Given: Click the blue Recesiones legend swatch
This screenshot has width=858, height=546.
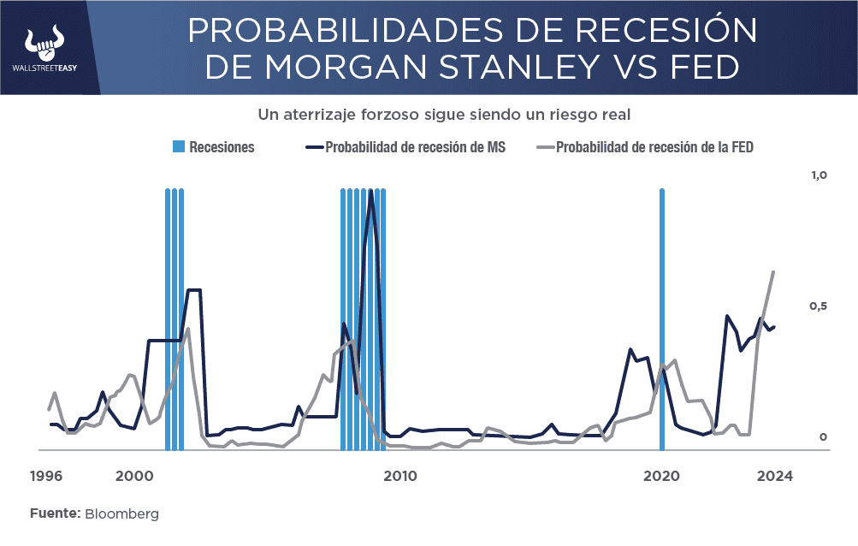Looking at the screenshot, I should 178,147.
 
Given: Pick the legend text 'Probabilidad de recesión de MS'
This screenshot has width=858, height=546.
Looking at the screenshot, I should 415,147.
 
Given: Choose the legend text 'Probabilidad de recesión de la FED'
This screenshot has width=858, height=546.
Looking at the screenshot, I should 654,147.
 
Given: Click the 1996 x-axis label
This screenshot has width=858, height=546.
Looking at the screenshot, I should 46,476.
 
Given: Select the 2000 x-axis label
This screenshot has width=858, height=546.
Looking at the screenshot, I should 133,476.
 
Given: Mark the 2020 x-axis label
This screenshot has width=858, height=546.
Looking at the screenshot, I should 660,476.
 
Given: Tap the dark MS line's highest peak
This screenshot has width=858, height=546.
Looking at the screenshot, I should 370,192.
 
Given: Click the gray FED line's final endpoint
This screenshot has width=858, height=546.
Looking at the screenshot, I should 773,272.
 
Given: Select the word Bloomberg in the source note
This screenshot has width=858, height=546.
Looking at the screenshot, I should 121,514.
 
